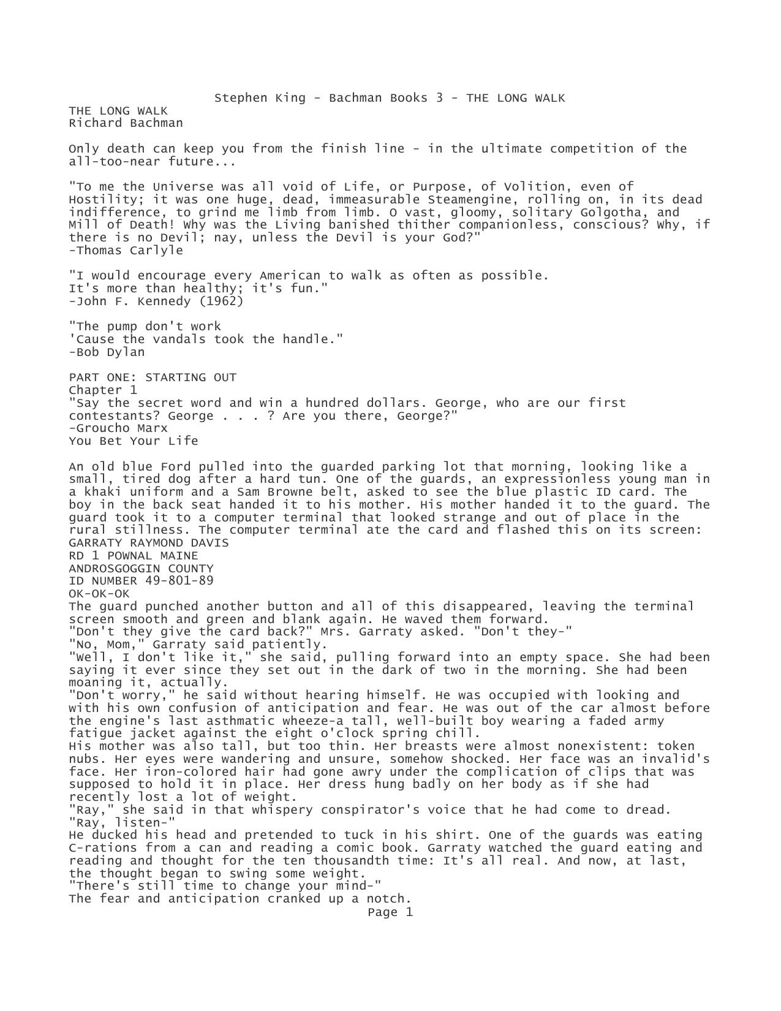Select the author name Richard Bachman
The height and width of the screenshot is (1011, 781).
tap(126, 123)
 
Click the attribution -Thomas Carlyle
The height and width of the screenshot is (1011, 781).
tap(126, 251)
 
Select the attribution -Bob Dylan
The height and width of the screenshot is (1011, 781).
tap(107, 352)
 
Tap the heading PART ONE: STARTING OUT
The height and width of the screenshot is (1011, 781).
tap(153, 377)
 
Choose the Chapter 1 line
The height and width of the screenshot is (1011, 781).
tap(103, 390)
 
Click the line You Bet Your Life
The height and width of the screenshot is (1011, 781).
tap(134, 441)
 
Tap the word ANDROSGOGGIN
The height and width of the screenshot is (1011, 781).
tap(115, 569)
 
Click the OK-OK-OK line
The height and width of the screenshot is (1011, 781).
tap(99, 594)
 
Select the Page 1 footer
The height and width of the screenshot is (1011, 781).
tap(390, 912)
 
